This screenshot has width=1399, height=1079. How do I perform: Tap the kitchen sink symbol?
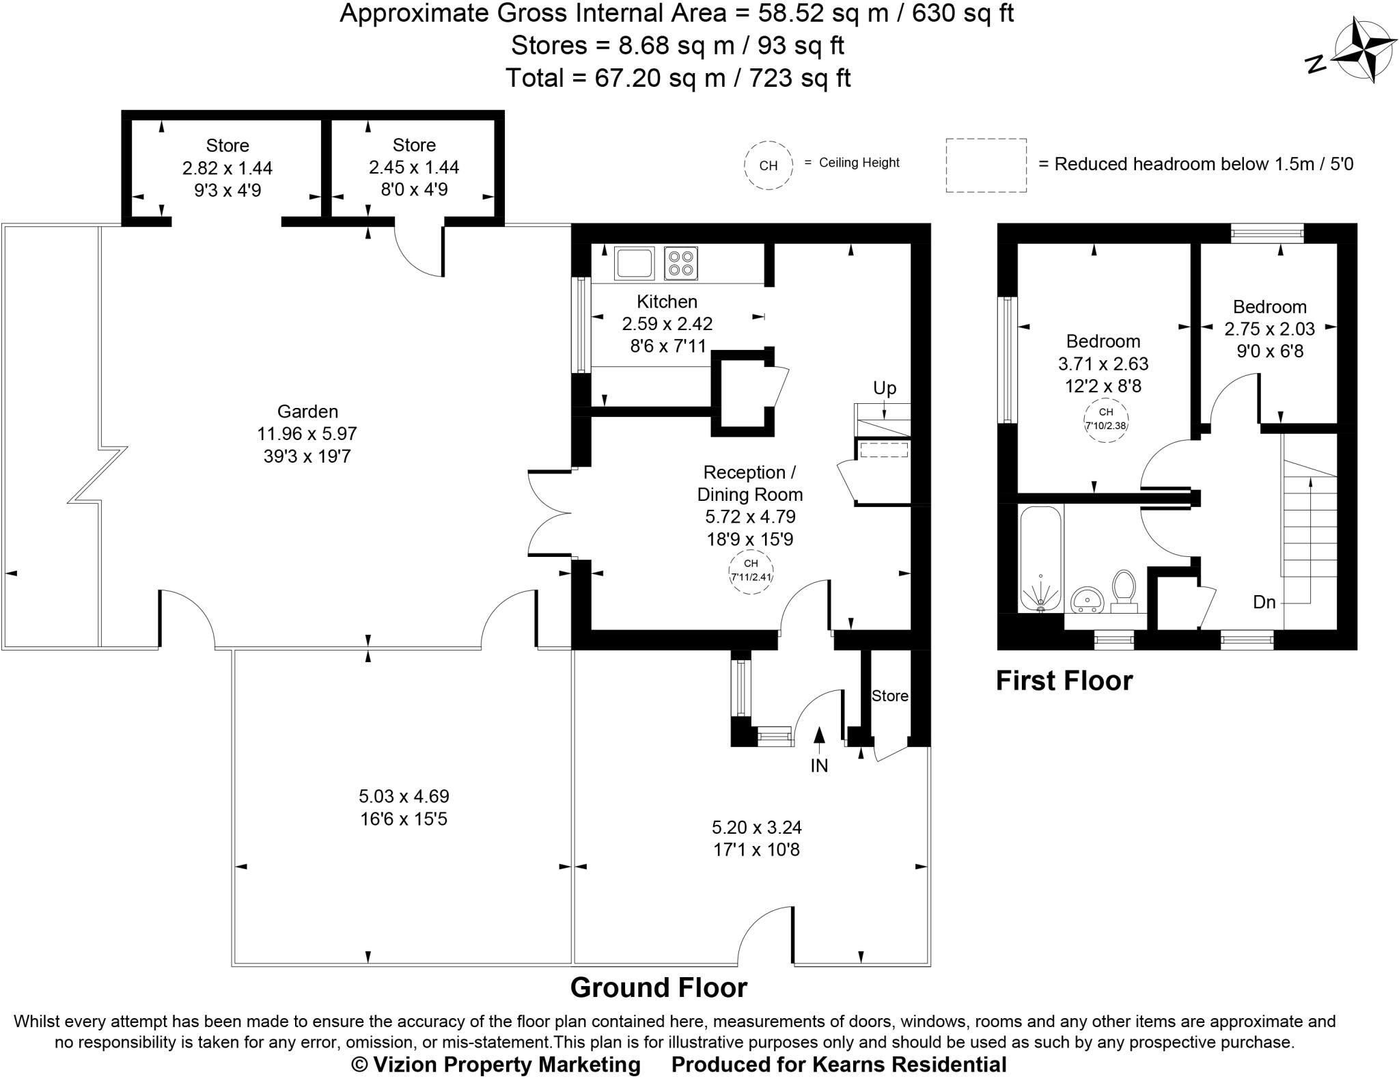(x=634, y=263)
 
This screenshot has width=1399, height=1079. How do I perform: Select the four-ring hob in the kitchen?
(x=680, y=263)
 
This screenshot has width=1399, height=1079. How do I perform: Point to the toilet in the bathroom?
(x=1123, y=590)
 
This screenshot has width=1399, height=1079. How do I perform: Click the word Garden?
(x=307, y=411)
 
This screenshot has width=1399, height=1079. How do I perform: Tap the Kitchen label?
(x=667, y=301)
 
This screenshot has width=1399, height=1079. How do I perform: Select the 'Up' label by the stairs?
(x=884, y=388)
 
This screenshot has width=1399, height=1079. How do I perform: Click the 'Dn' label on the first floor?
(x=1264, y=602)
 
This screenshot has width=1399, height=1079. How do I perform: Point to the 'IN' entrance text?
(x=818, y=766)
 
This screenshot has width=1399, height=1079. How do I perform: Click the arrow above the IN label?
(x=818, y=735)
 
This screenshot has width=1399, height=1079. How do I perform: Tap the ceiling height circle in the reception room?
(x=751, y=571)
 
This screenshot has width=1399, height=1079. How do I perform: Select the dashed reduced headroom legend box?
(x=986, y=165)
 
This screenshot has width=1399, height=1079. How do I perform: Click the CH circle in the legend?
(x=768, y=165)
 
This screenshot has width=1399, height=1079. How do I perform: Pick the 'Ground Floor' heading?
(x=659, y=987)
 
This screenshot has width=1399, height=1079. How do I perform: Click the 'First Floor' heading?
(x=1064, y=681)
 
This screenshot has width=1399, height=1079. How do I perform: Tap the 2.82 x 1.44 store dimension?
(x=227, y=167)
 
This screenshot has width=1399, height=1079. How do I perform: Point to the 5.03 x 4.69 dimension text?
(x=404, y=796)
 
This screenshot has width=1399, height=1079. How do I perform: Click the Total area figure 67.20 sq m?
(x=659, y=78)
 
